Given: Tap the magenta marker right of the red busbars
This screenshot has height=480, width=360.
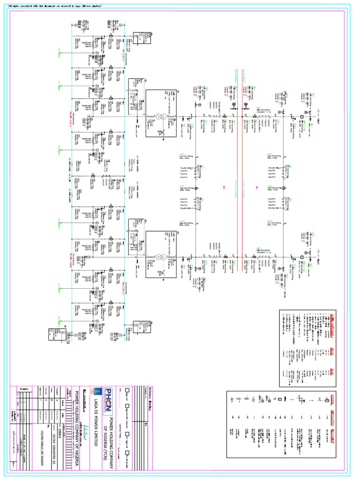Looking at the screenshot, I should click(257, 187).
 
